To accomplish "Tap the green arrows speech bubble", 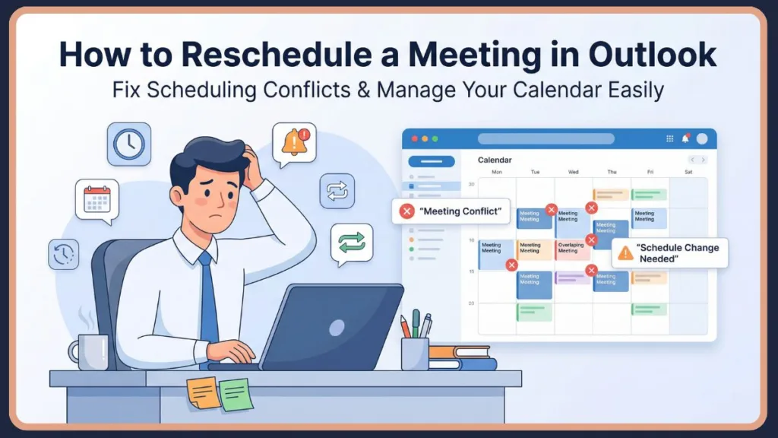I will [352, 243].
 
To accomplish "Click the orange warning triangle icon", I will [625, 253].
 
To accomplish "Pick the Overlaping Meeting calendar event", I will [572, 249].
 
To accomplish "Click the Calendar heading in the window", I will [494, 160].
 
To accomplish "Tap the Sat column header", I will [688, 172].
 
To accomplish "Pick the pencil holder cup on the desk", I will [415, 353].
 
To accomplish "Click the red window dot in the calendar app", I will [415, 138].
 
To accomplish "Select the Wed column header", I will [573, 172].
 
